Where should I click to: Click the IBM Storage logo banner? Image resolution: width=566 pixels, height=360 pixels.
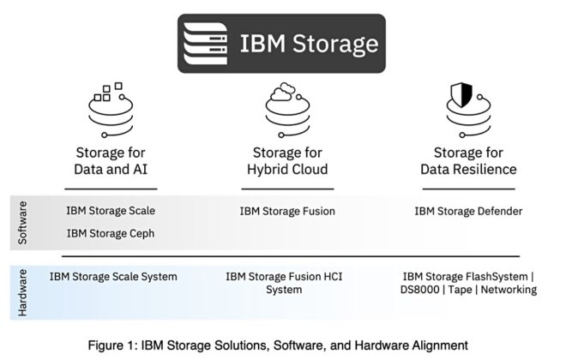click(282, 42)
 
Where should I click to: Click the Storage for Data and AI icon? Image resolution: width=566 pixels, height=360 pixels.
click(111, 111)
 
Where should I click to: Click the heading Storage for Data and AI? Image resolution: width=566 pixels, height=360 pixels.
click(111, 161)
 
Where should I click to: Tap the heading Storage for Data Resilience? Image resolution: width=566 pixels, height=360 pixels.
click(468, 161)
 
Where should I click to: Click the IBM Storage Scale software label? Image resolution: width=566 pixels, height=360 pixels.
click(111, 210)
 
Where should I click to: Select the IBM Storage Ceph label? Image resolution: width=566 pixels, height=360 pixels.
click(110, 232)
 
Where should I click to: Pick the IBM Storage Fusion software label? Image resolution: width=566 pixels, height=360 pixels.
click(287, 211)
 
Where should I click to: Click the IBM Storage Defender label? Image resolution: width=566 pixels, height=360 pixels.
click(468, 211)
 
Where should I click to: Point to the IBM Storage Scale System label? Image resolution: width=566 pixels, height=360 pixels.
click(113, 277)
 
